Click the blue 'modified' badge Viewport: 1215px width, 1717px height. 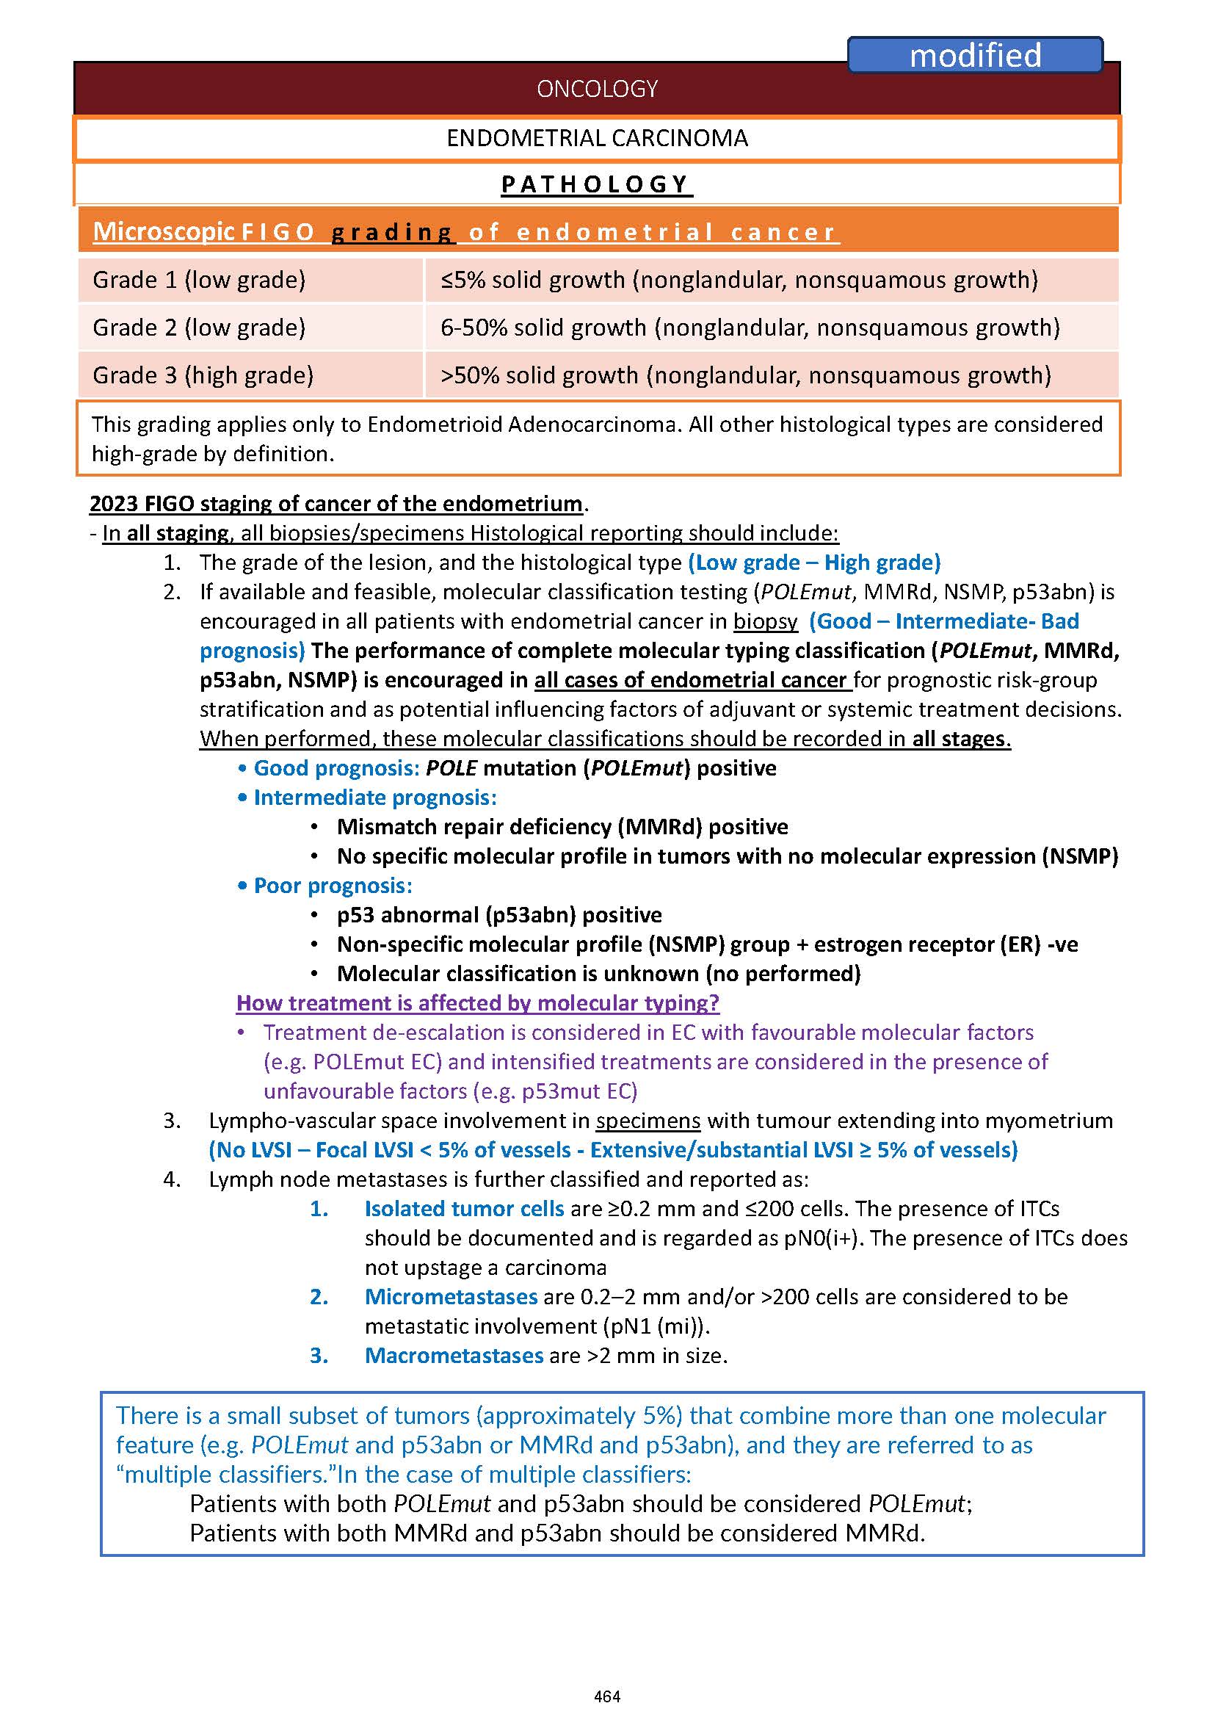(974, 55)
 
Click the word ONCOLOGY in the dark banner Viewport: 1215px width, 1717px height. (597, 89)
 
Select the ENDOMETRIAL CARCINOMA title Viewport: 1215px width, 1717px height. (597, 139)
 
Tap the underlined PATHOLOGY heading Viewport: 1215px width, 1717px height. (596, 184)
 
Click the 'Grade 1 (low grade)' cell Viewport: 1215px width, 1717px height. (199, 280)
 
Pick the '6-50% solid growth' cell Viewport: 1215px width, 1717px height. (750, 328)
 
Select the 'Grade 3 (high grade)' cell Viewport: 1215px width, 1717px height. (203, 375)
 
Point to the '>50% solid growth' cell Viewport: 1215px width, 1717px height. (745, 375)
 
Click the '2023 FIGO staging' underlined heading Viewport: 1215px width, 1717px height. (336, 504)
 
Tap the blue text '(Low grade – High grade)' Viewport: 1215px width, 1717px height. (814, 563)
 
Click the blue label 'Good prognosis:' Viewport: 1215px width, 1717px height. (337, 768)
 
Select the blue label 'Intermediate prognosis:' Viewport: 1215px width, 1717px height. (375, 798)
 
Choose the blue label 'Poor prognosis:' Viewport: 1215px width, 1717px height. (333, 886)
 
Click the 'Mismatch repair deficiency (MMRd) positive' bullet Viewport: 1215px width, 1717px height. (562, 827)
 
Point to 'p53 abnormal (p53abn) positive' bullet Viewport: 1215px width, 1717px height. (499, 914)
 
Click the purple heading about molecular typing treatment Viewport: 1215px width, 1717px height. (477, 1003)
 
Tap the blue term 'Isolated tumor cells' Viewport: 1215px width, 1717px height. (464, 1209)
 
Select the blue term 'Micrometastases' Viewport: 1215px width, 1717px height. (450, 1297)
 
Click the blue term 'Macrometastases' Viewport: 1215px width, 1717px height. (454, 1356)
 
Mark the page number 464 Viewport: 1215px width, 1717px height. (606, 1696)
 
